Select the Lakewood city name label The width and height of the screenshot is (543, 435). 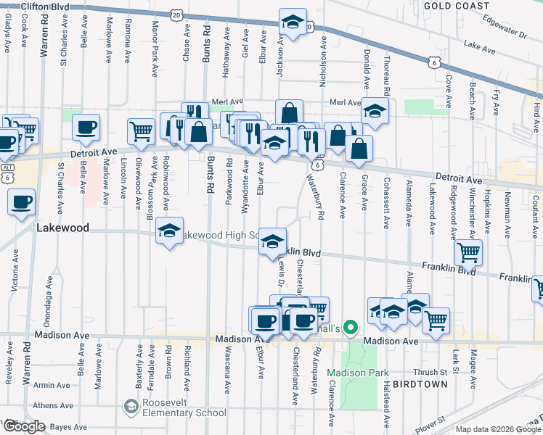coord(62,228)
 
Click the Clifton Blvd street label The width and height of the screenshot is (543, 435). coord(45,7)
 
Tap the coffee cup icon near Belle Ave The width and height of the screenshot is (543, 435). coord(86,128)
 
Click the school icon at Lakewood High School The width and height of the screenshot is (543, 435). coord(170,231)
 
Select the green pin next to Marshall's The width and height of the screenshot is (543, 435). coord(351,328)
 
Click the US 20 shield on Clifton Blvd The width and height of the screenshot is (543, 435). coord(176,14)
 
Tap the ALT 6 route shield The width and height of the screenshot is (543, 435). coord(7,173)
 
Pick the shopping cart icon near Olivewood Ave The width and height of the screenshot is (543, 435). coord(141,131)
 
